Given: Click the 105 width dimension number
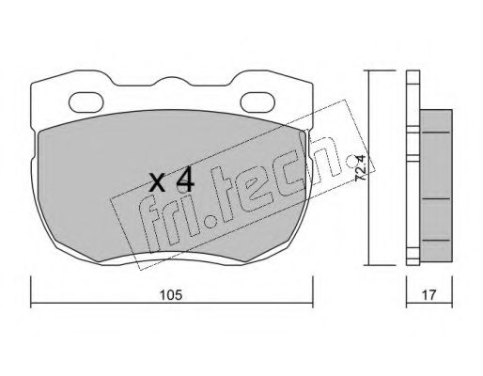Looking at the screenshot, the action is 171,295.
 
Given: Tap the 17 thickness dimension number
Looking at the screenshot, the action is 428,295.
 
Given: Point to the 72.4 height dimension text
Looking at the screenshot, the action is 361,168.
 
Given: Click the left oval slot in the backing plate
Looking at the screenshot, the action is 86,102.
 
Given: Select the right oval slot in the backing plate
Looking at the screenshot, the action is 257,102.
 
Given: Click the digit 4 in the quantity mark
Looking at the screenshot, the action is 185,182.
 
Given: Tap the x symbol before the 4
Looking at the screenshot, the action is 157,183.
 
